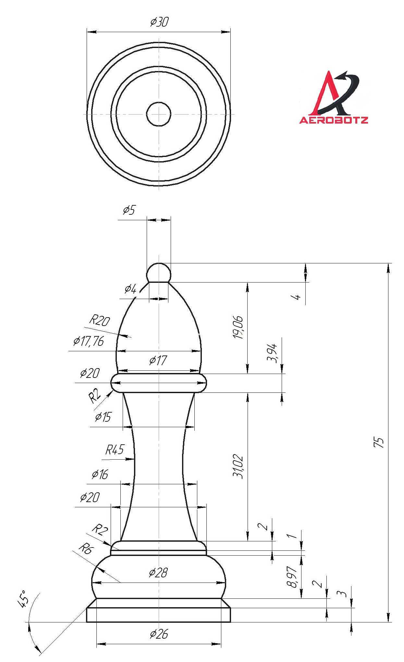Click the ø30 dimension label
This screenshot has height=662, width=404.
159,22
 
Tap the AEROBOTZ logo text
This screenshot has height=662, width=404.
334,120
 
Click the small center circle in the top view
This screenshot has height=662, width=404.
159,114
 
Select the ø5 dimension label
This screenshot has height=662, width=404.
129,210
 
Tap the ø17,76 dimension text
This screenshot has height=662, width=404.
88,341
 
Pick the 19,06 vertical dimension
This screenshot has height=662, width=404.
238,327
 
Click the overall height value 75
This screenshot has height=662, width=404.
379,442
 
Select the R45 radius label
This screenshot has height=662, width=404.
115,450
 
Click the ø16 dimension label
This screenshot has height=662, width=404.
100,475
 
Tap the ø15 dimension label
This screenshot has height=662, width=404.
103,417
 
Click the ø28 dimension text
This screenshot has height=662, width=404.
159,573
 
